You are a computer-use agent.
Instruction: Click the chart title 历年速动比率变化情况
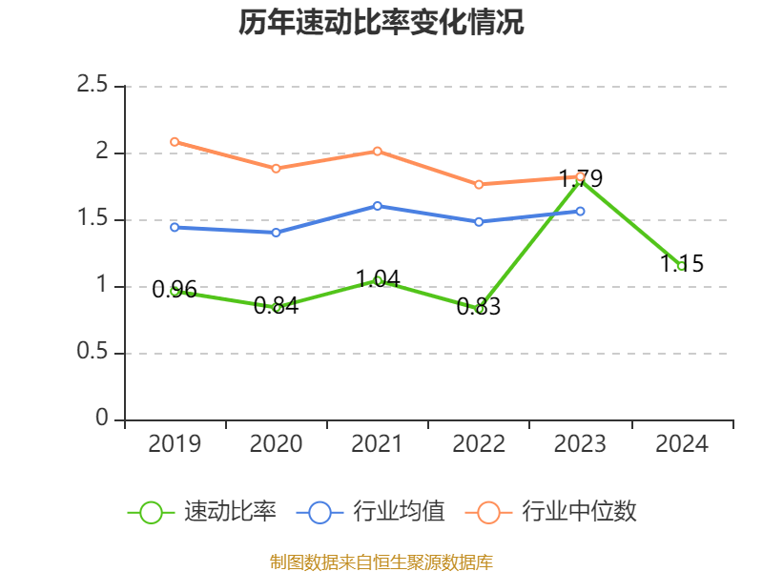381,23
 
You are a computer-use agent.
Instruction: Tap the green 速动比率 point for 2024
681,266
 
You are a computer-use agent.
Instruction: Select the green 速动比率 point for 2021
378,280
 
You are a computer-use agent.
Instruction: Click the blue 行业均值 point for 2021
378,206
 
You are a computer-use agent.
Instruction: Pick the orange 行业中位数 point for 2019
175,142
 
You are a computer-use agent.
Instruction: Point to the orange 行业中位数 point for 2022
479,184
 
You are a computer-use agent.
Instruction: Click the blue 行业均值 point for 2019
175,227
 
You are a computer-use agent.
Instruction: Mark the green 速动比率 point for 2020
277,308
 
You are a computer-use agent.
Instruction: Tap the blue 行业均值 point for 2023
580,211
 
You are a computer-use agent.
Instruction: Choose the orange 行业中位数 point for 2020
277,169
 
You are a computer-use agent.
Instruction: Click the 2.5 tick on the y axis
93,86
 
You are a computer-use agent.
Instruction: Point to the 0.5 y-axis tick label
93,353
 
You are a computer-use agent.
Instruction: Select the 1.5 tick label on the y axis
93,219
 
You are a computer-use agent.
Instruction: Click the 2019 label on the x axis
175,444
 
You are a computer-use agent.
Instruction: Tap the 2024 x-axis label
681,444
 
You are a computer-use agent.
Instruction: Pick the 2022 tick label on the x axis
479,444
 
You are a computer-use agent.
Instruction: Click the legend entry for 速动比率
202,512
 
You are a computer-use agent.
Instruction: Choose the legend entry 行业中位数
551,512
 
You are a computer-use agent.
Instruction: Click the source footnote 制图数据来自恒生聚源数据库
381,562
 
